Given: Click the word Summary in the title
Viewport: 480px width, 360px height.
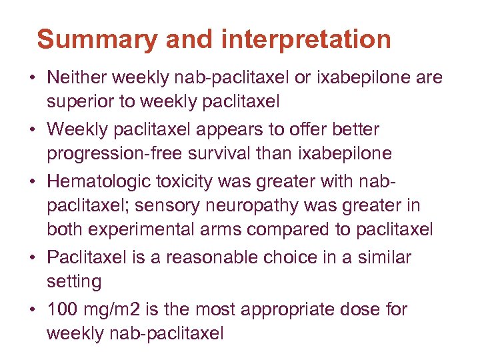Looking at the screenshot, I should (x=97, y=39).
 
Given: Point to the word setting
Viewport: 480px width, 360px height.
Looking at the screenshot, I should (x=74, y=282).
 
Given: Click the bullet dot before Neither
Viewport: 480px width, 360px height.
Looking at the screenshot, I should (x=32, y=79).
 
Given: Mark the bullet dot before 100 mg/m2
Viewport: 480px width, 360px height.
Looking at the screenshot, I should (x=32, y=309).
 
